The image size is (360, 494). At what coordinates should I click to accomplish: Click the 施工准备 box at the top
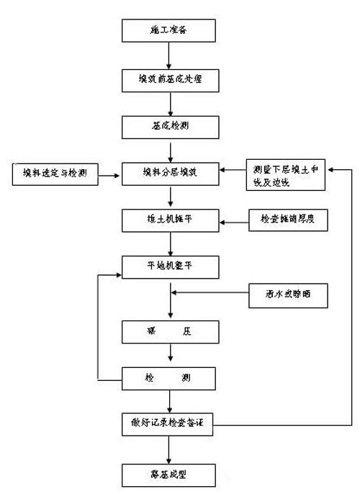click(x=168, y=30)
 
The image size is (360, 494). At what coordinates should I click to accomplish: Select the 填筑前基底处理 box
click(x=168, y=78)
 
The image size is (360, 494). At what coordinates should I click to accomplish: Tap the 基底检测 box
click(x=168, y=126)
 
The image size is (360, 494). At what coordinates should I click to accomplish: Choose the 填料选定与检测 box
click(x=54, y=174)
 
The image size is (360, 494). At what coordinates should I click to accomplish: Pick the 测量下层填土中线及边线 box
click(x=287, y=174)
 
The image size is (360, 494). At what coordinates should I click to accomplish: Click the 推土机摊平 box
click(x=168, y=220)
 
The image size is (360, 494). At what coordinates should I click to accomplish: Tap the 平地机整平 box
click(x=168, y=267)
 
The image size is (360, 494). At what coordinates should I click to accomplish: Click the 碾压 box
click(x=168, y=333)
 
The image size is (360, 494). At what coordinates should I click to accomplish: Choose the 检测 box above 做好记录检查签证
click(x=168, y=377)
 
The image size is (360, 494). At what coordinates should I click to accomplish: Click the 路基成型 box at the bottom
click(x=168, y=475)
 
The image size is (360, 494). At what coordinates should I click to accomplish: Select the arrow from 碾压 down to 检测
click(x=168, y=355)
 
